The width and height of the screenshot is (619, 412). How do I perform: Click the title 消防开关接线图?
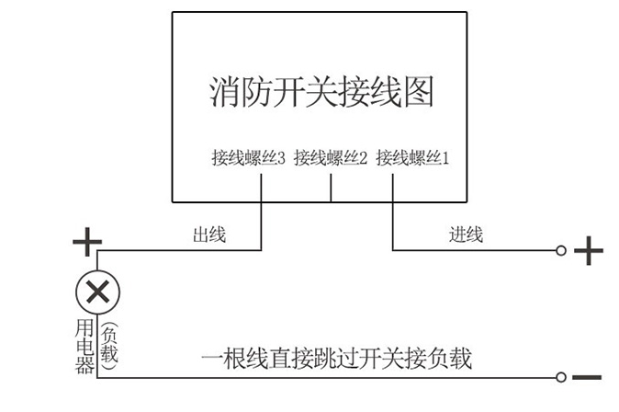pyautogui.click(x=321, y=93)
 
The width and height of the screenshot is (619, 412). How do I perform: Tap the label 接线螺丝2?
pyautogui.click(x=331, y=158)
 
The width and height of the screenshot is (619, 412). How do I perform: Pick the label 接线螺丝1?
pyautogui.click(x=412, y=158)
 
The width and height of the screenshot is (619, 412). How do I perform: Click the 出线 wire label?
pyautogui.click(x=208, y=235)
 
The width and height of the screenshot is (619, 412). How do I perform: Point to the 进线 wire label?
pyautogui.click(x=466, y=235)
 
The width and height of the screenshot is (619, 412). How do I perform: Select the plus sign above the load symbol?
pyautogui.click(x=87, y=245)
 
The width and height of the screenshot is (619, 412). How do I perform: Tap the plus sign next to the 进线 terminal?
pyautogui.click(x=588, y=250)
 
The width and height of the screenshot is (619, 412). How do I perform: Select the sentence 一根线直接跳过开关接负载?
pyautogui.click(x=336, y=358)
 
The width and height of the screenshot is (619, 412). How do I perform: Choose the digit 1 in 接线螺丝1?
pyautogui.click(x=446, y=158)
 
